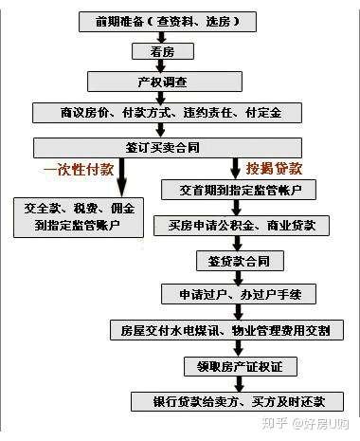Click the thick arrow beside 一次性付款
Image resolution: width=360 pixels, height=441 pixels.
point(121,176)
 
